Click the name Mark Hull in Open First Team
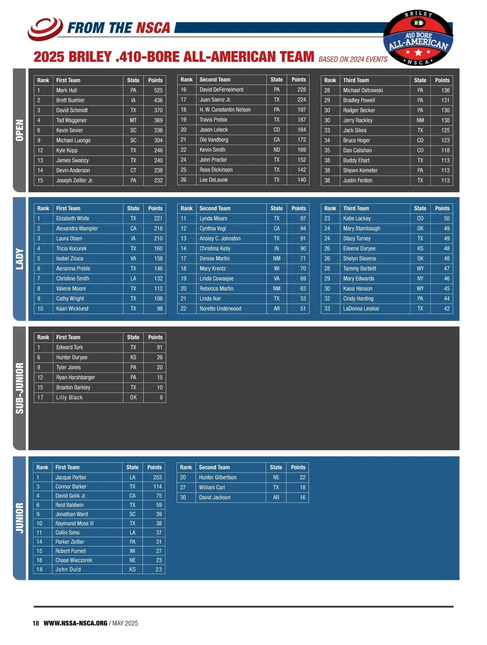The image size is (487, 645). (67, 90)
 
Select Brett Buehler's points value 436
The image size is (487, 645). (158, 100)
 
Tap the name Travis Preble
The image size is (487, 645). (213, 120)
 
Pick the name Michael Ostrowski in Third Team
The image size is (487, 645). (363, 90)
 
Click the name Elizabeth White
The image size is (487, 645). (73, 219)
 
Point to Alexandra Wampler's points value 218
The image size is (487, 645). (158, 229)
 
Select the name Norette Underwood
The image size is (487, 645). (220, 309)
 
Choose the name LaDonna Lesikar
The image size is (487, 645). (361, 309)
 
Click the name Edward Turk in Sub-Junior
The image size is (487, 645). (69, 347)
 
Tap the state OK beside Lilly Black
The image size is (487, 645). (133, 398)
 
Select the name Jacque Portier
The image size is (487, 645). (71, 477)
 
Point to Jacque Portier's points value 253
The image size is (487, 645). (157, 477)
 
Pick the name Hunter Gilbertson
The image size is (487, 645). (218, 477)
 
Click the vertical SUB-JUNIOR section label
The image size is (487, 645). (19, 388)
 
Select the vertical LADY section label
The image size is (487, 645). (19, 259)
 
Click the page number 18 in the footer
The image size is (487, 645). (36, 623)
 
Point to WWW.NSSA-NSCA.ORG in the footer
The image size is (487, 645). (75, 623)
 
